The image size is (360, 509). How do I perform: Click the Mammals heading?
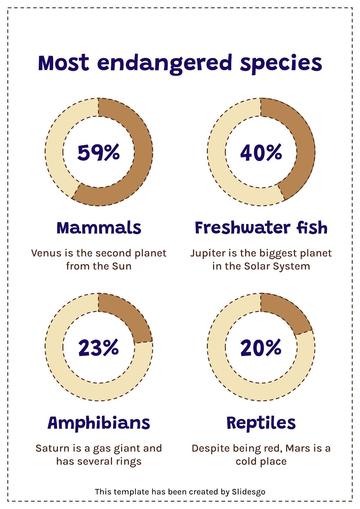(99, 228)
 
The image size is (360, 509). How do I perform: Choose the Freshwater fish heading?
(261, 228)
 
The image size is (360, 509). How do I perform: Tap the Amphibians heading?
(99, 423)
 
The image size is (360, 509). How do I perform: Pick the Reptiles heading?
(261, 423)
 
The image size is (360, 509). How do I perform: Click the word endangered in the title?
(165, 63)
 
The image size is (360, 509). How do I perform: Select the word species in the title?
(281, 63)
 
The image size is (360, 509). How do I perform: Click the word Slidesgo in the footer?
(248, 492)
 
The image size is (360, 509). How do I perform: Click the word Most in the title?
(63, 63)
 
